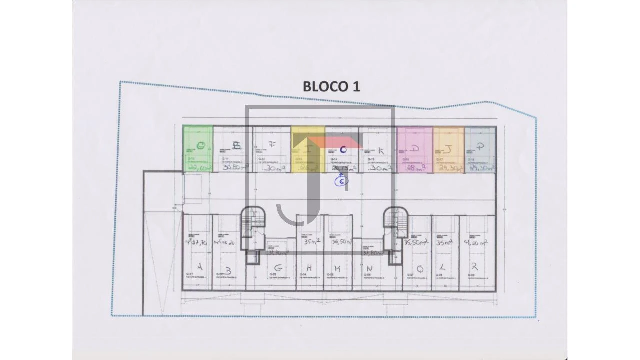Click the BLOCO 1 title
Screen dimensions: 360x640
click(331, 86)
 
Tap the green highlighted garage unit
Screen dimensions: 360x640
click(198, 149)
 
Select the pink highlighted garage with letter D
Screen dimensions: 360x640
click(414, 149)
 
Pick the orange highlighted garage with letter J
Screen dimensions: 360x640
click(448, 149)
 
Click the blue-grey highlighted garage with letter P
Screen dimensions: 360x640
click(480, 149)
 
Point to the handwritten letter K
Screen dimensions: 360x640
click(380, 150)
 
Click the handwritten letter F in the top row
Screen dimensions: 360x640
click(271, 145)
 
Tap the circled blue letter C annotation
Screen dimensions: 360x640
click(342, 182)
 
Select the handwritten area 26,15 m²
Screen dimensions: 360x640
click(344, 169)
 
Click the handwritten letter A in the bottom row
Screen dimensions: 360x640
click(200, 267)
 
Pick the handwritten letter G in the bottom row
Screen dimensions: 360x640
click(278, 268)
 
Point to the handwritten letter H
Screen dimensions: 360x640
click(309, 268)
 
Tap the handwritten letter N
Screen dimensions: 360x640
click(370, 268)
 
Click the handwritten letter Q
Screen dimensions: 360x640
click(420, 269)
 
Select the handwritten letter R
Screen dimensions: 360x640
click(474, 267)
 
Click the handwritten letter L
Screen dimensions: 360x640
click(442, 268)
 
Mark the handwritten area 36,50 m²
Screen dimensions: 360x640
click(341, 242)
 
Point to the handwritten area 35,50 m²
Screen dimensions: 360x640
click(416, 243)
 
